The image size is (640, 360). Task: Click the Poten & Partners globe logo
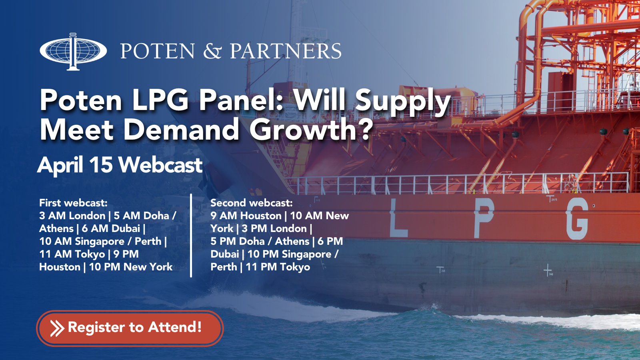tap(73, 52)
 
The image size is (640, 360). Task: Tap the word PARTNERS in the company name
tap(286, 51)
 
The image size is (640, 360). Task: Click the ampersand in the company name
tap(212, 51)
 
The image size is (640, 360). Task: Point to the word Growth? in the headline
tap(312, 130)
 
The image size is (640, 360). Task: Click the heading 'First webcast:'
tap(74, 203)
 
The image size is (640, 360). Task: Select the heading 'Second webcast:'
tap(252, 203)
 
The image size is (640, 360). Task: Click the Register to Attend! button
tap(130, 328)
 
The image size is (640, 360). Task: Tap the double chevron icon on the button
tap(57, 328)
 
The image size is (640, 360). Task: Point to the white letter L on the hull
tap(398, 218)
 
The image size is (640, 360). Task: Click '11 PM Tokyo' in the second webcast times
tap(278, 267)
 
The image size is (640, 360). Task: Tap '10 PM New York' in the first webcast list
tap(130, 267)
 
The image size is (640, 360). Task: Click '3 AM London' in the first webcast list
tap(72, 216)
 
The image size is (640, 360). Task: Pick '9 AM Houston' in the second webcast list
tap(246, 216)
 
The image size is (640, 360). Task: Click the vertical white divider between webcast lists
tap(191, 236)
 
